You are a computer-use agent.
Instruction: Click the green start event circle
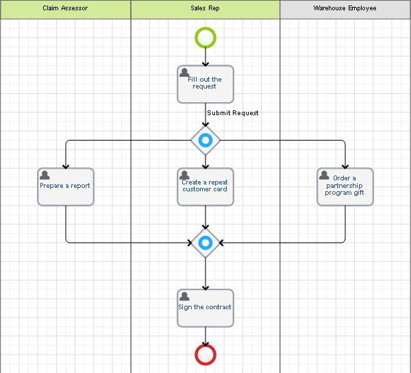coord(206,37)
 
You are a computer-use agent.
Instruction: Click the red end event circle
coord(206,354)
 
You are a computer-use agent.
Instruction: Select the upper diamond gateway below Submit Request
coord(206,141)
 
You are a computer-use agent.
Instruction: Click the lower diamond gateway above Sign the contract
coord(206,243)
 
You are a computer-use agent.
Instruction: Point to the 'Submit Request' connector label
coord(233,113)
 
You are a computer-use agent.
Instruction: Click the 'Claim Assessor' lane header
coord(65,9)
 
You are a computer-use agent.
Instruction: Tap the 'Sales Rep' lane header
coord(206,9)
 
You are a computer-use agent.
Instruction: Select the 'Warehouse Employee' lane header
coord(345,9)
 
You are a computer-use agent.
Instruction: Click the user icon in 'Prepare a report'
coord(45,176)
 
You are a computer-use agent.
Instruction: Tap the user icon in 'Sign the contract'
coord(185,296)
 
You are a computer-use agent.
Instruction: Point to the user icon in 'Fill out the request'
coord(185,73)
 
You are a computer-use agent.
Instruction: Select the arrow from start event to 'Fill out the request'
coord(206,57)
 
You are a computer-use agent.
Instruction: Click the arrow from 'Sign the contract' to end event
coord(206,336)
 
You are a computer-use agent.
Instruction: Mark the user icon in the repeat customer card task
coord(185,176)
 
